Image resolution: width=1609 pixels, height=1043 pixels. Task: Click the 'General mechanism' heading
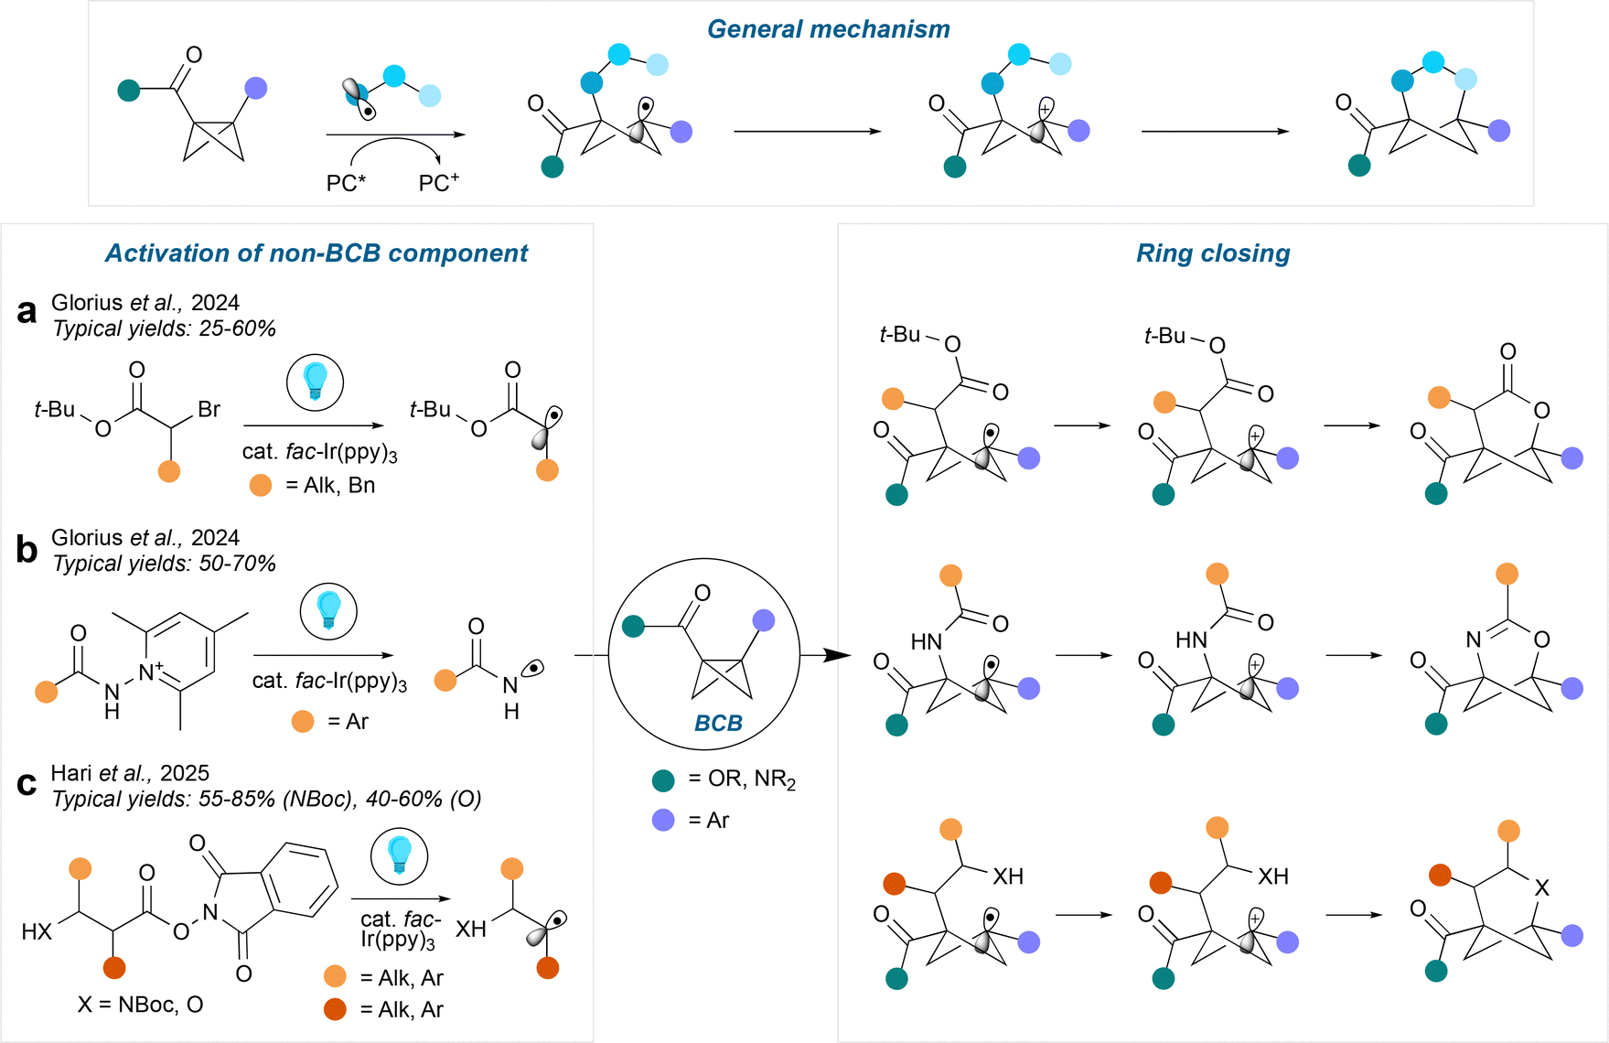pyautogui.click(x=828, y=29)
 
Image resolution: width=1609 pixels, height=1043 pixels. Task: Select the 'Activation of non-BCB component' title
pyautogui.click(x=316, y=253)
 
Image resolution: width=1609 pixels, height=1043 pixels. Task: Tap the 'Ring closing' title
pyautogui.click(x=1213, y=253)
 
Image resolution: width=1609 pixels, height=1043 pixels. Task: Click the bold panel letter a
pyautogui.click(x=27, y=312)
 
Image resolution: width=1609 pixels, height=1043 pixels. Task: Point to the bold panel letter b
pyautogui.click(x=27, y=549)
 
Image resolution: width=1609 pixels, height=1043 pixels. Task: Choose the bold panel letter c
pyautogui.click(x=27, y=784)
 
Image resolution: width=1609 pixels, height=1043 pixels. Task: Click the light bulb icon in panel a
pyautogui.click(x=315, y=382)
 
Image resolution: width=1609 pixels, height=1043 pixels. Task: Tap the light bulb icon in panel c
pyautogui.click(x=399, y=855)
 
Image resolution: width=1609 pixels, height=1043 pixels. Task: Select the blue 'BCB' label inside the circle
pyautogui.click(x=718, y=724)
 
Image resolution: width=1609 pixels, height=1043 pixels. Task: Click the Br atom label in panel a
pyautogui.click(x=209, y=409)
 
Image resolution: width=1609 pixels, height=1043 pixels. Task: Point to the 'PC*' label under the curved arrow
pyautogui.click(x=346, y=184)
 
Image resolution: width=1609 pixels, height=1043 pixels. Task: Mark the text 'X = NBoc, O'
pyautogui.click(x=140, y=1005)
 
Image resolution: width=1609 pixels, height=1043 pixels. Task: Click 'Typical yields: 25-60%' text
pyautogui.click(x=164, y=328)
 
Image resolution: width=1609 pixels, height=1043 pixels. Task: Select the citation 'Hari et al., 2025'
pyautogui.click(x=130, y=773)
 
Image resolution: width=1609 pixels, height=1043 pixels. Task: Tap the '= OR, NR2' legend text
pyautogui.click(x=742, y=780)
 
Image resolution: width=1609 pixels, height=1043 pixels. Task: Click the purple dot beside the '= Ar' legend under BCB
pyautogui.click(x=663, y=821)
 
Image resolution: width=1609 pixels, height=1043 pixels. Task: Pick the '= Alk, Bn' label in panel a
pyautogui.click(x=330, y=485)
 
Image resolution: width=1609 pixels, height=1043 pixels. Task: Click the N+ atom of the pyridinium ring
pyautogui.click(x=147, y=673)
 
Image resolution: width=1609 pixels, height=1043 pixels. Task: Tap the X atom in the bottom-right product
pyautogui.click(x=1542, y=887)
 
